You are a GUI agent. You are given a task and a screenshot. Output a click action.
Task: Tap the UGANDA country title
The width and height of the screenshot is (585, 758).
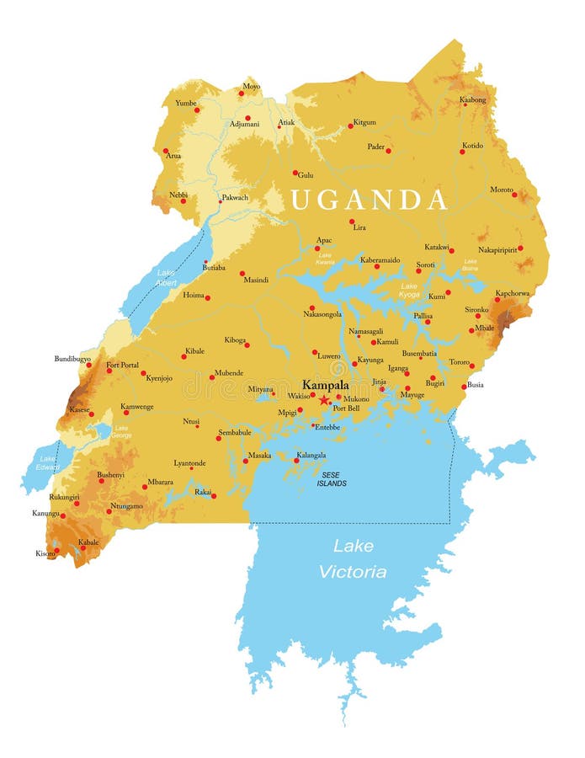click(369, 200)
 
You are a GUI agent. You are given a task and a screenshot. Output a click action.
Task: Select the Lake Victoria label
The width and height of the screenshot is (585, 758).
click(353, 558)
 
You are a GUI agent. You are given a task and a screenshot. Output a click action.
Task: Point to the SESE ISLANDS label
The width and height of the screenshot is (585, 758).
click(332, 478)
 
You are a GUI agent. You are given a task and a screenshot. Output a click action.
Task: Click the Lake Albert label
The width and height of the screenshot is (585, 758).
click(166, 278)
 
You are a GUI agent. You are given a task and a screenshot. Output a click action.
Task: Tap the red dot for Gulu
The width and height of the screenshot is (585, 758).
click(295, 173)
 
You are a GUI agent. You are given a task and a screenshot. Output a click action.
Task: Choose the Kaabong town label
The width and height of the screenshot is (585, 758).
click(472, 100)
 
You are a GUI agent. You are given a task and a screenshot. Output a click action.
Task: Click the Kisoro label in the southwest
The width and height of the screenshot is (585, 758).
click(45, 553)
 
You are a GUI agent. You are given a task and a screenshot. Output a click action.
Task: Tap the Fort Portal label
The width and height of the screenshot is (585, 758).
click(122, 365)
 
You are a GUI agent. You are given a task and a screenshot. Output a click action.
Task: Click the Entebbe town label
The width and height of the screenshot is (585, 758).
click(327, 427)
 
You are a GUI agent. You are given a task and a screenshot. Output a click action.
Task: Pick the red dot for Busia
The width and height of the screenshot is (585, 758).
click(464, 387)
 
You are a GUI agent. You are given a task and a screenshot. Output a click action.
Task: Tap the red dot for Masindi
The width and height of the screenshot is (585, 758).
click(242, 273)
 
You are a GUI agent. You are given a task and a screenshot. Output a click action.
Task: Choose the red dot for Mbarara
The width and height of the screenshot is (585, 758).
click(144, 486)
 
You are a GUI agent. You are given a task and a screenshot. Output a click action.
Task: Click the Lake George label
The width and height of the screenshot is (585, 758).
click(122, 432)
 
